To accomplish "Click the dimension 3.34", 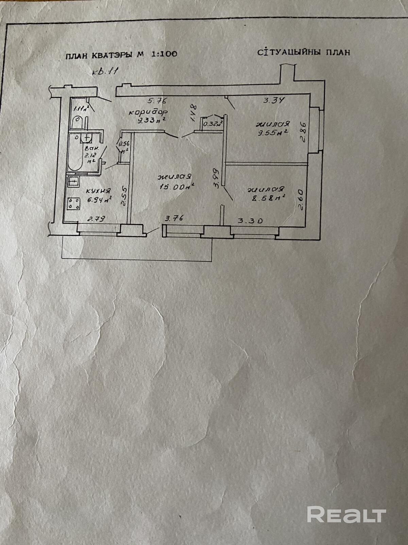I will click(x=274, y=100).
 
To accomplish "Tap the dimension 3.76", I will click(x=174, y=218).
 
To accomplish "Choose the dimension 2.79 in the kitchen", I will click(x=96, y=219).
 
